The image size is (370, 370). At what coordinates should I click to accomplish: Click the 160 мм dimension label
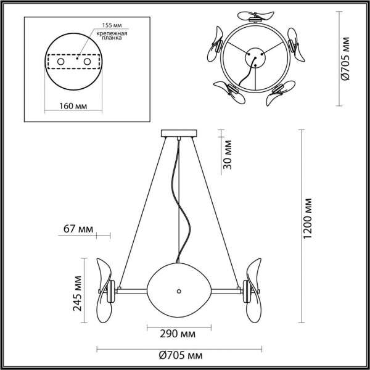(72, 106)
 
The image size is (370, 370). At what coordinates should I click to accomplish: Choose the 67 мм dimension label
(78, 229)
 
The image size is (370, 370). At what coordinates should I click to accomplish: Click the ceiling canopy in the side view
(179, 133)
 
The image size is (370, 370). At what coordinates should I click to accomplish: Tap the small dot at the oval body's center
(179, 289)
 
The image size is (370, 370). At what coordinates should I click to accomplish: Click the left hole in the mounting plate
(60, 62)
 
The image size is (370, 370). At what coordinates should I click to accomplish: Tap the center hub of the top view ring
(253, 60)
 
